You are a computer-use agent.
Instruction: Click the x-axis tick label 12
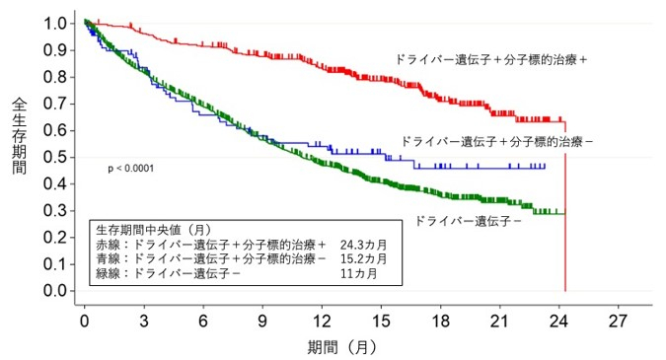coord(322,322)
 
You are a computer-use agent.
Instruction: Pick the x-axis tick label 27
coord(619,322)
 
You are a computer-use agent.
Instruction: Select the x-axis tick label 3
coord(144,322)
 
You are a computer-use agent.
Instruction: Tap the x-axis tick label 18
coord(441,322)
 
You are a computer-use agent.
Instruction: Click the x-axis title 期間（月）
coord(340,347)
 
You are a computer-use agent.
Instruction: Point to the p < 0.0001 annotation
coord(133,170)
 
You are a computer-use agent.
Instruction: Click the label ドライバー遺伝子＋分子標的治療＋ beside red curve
coord(490,60)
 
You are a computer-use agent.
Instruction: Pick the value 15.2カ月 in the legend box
coord(361,258)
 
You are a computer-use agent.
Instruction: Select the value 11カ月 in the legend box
coord(356,273)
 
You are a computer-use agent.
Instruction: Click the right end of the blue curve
coord(545,167)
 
